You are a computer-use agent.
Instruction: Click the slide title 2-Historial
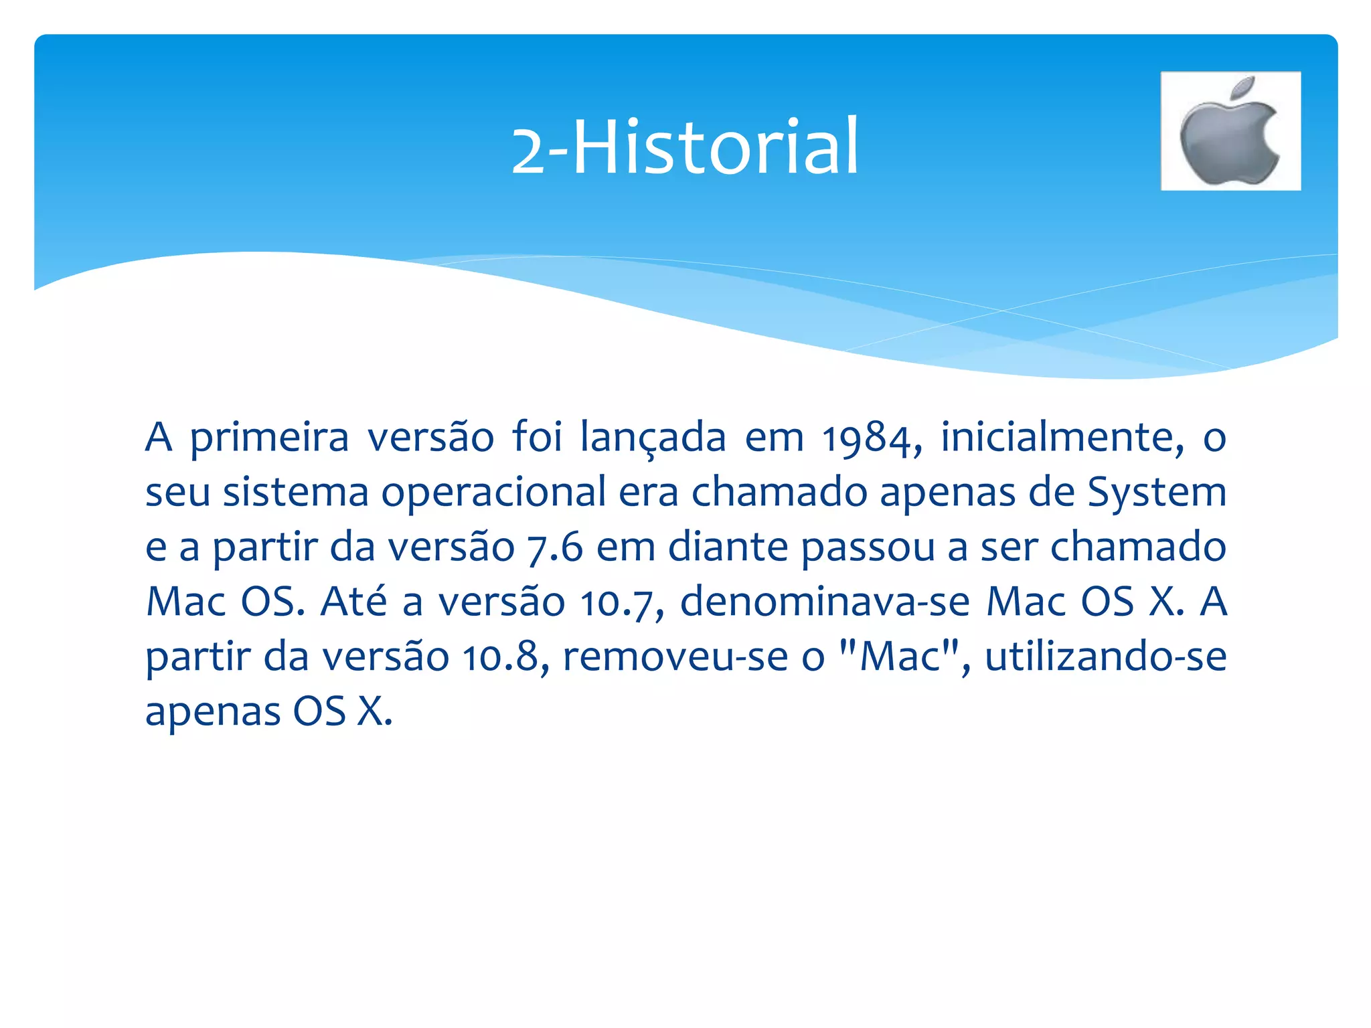coord(684,147)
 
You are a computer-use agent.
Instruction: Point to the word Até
coord(353,602)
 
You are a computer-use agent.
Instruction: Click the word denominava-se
coord(825,602)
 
